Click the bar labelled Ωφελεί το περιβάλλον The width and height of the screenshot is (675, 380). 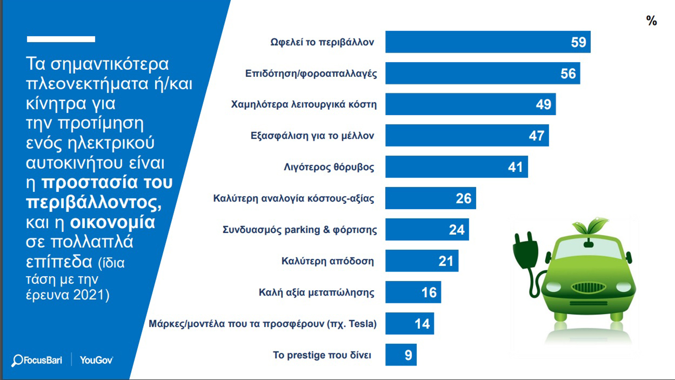point(487,42)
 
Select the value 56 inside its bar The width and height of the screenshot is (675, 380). point(568,73)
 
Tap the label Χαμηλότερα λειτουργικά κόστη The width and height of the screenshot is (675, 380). point(304,104)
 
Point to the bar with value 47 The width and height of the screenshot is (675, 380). point(467,136)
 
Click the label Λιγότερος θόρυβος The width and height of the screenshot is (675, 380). point(329,167)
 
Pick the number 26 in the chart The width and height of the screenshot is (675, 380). point(463,198)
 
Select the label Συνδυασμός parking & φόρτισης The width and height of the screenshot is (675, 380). point(300,230)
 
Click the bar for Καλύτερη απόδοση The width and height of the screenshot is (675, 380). point(421,261)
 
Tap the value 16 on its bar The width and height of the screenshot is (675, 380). point(429,293)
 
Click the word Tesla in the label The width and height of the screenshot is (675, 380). point(361,324)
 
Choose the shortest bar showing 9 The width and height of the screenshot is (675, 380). point(401,355)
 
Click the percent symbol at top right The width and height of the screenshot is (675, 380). point(651,21)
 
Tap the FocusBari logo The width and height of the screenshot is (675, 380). point(37,360)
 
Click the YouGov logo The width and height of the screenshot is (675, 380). point(96,360)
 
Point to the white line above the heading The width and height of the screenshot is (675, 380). point(61,39)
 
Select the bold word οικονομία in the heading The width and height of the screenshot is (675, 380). point(112,223)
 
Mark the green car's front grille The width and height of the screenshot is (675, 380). point(588,288)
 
